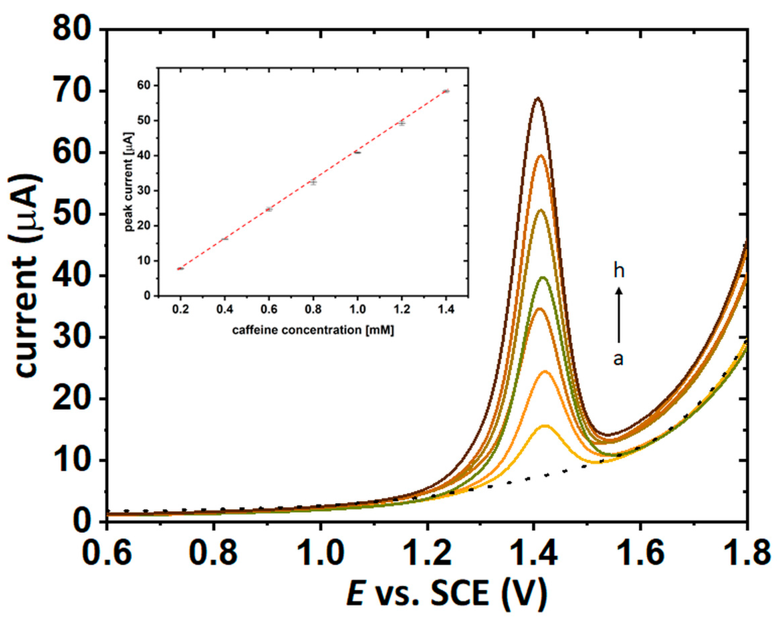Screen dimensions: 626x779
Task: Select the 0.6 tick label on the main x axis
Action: (x=107, y=553)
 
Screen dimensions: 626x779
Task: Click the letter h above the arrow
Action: (x=619, y=270)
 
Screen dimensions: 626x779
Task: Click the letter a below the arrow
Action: (x=619, y=359)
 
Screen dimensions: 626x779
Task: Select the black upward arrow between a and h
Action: (x=619, y=314)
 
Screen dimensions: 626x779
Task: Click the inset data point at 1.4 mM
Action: (x=446, y=91)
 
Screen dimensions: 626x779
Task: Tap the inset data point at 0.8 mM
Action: (x=313, y=182)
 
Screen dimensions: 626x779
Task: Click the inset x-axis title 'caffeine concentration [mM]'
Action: (x=313, y=330)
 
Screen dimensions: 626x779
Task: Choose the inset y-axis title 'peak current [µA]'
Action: (x=129, y=182)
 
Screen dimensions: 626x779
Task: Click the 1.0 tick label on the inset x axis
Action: (x=357, y=309)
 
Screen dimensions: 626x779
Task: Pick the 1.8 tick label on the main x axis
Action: (x=746, y=553)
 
